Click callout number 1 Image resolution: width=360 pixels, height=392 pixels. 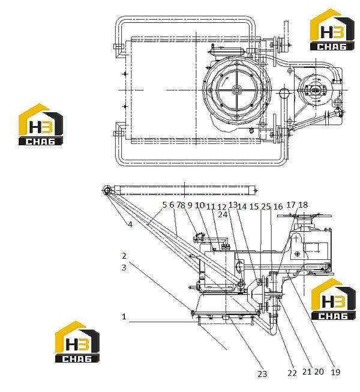(124, 317)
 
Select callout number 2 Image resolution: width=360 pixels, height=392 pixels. (124, 256)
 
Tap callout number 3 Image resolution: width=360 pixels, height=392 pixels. (124, 268)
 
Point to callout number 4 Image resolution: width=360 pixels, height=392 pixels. (130, 225)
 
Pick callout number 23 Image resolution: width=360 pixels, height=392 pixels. (262, 374)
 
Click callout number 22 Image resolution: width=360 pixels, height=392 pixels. (292, 373)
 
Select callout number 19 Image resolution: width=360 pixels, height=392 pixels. (335, 372)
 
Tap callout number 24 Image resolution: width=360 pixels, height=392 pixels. (223, 214)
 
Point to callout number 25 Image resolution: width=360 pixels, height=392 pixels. (266, 207)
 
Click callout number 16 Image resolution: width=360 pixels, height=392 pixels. (278, 207)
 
